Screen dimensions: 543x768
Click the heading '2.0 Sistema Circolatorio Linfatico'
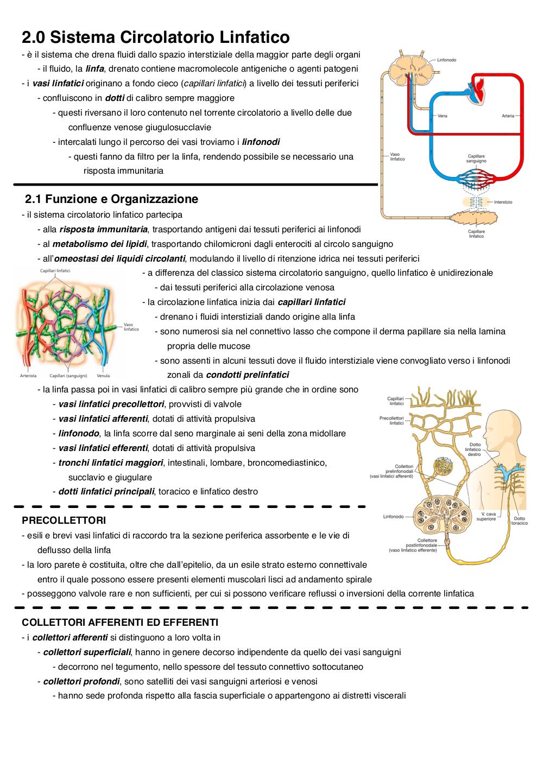coord(156,37)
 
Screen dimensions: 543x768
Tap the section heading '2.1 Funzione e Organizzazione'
coord(111,199)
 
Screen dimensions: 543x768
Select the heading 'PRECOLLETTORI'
coord(64,520)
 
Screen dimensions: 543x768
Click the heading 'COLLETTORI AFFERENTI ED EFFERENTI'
coord(120,622)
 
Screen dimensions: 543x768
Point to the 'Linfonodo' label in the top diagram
coord(446,60)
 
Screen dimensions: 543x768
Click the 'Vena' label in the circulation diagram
coord(443,116)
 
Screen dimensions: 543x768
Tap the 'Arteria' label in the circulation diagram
coord(508,116)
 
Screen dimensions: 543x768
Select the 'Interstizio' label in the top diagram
coord(503,202)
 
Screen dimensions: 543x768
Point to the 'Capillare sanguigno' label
coord(476,158)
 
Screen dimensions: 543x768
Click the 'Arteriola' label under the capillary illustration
coord(28,376)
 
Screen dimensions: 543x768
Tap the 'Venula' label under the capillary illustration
coord(103,376)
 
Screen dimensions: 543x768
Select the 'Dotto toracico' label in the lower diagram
coord(519,521)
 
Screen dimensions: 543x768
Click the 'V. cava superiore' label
coord(486,516)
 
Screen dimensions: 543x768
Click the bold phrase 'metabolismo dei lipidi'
coord(99,244)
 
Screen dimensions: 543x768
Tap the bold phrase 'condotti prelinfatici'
coord(247,375)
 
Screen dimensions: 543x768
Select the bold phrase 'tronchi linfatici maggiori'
coord(111,462)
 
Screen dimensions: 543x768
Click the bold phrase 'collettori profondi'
coord(81,681)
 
